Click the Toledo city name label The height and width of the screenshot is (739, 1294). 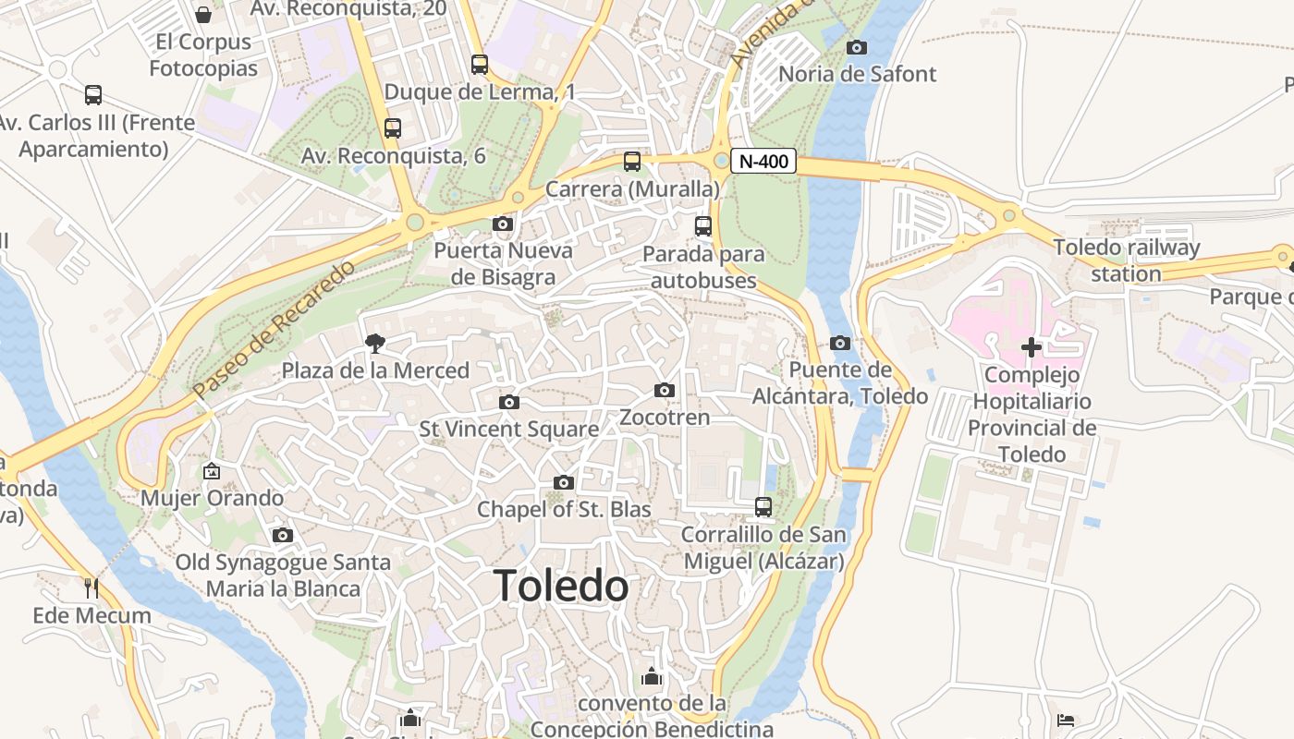[x=561, y=587]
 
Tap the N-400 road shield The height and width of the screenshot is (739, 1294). [x=763, y=162]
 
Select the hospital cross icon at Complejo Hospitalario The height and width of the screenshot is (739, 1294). [x=1032, y=348]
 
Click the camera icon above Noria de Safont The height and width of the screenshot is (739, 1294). [x=857, y=47]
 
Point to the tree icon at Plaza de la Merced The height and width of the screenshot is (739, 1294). [x=375, y=344]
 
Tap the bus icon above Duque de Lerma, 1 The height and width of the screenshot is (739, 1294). [x=479, y=65]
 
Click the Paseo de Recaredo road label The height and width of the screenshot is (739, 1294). [x=275, y=330]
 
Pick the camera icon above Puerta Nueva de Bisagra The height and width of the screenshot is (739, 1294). [x=503, y=224]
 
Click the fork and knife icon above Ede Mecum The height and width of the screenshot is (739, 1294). [x=92, y=588]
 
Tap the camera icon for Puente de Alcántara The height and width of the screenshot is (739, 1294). [x=840, y=344]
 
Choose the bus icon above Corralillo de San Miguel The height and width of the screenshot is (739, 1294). [x=763, y=507]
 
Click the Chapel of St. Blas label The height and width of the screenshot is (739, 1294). [x=564, y=509]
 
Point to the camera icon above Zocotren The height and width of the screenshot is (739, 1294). [x=664, y=391]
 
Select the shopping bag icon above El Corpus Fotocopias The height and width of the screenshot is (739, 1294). [x=203, y=15]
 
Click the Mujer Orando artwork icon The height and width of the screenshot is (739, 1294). [x=212, y=471]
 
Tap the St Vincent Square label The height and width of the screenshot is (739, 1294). [x=509, y=430]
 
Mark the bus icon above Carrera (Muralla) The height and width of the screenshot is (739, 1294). [x=632, y=162]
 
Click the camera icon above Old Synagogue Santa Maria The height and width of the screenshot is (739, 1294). [x=283, y=536]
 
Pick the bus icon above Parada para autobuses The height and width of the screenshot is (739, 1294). [x=703, y=225]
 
